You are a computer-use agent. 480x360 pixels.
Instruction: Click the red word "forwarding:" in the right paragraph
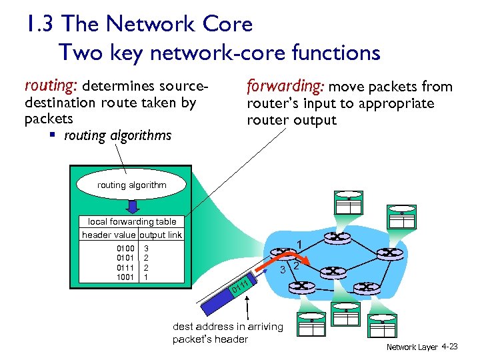[285, 87]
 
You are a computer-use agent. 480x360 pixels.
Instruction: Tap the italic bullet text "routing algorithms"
[117, 136]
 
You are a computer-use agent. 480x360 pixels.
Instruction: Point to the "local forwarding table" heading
[132, 221]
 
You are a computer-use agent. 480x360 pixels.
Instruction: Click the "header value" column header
[109, 235]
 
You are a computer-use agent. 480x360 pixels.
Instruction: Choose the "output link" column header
[161, 235]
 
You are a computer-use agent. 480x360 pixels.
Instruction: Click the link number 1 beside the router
[301, 244]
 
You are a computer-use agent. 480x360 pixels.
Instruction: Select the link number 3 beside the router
[283, 269]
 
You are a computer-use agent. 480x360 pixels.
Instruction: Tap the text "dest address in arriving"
[228, 327]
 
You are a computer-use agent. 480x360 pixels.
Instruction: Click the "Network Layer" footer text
[412, 347]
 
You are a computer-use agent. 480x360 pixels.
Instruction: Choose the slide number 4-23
[450, 347]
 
